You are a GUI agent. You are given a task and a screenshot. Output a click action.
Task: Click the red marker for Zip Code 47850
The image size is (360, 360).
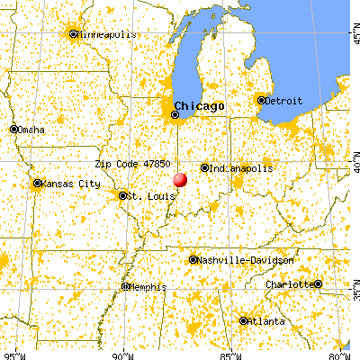pos(181,179)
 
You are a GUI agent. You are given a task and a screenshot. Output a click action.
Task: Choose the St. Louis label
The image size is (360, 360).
pos(146,195)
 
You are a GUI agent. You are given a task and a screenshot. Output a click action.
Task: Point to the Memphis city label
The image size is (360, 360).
pos(148,287)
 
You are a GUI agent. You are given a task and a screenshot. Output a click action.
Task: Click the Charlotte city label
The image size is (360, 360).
pos(289,284)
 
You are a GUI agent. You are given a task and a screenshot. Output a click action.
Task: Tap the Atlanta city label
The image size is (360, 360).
pos(268,321)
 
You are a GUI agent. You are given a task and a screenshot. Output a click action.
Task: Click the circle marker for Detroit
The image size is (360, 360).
pos(262,99)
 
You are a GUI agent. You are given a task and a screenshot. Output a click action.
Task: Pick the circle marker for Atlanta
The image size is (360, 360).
pos(244,320)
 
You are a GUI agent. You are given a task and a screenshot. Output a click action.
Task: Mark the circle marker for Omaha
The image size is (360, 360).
pos(14,129)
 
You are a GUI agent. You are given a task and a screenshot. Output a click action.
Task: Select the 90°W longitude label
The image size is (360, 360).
pos(120,354)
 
